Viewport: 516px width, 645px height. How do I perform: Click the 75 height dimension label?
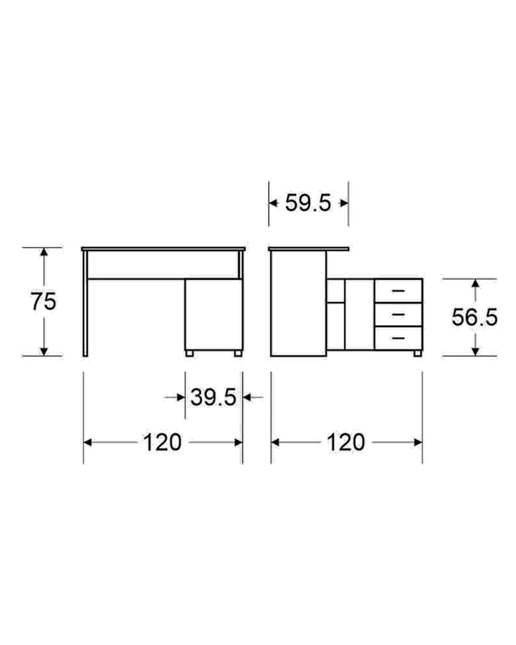43,301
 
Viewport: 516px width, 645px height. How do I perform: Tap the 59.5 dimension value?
308,203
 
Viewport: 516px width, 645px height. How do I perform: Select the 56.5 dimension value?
474,317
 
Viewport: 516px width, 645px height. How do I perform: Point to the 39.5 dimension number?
213,397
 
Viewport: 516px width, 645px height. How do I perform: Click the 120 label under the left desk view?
163,442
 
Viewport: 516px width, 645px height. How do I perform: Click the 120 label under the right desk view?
346,442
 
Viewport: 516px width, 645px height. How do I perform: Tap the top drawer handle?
399,291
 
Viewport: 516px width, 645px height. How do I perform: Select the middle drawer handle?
399,314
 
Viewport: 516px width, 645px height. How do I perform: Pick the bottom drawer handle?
399,338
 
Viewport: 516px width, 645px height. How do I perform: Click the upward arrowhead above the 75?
44,252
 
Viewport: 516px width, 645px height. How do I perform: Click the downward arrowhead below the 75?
44,352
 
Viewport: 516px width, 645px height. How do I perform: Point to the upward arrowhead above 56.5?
475,283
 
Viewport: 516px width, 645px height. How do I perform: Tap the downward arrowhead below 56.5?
475,352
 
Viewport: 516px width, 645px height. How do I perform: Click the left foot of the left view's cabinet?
190,353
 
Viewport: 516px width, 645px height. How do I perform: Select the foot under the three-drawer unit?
418,353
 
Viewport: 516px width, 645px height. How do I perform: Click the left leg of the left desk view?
85,303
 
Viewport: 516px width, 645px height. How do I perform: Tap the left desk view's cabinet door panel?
214,315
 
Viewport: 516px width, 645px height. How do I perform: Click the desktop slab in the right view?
309,249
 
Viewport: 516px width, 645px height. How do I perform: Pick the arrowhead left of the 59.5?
273,203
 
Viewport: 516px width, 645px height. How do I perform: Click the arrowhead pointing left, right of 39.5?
247,397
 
